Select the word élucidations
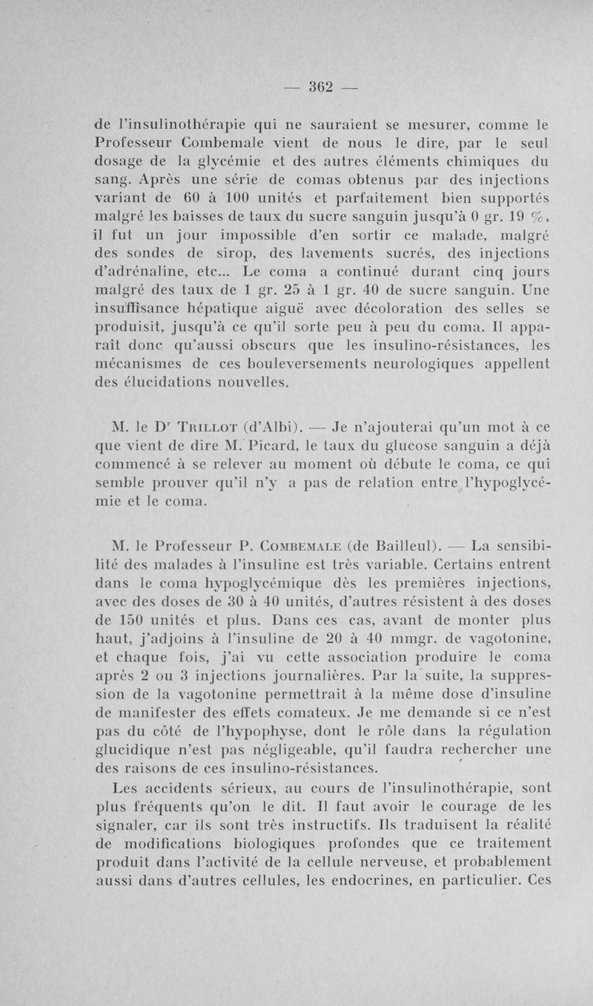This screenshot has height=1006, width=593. coord(176,383)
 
